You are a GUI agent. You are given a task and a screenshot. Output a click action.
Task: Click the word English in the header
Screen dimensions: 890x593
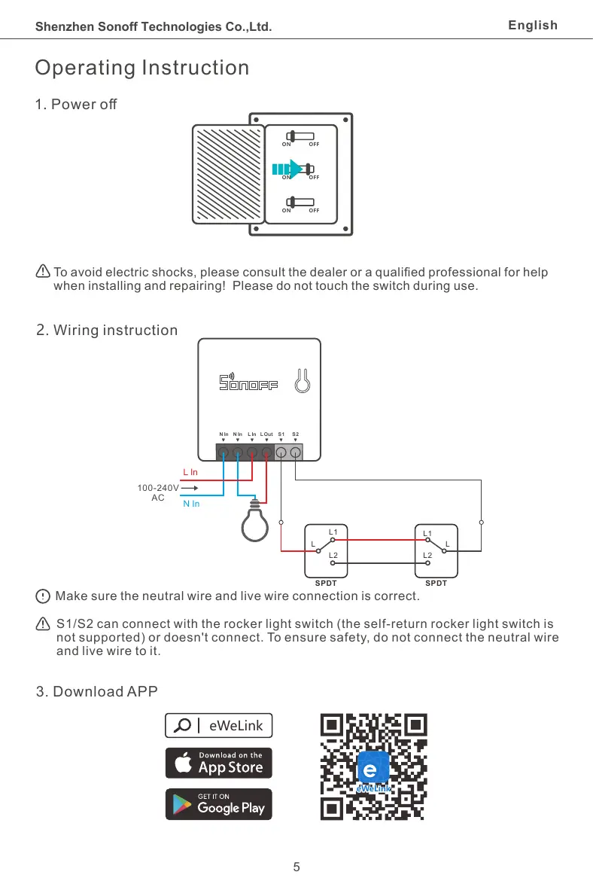click(x=533, y=26)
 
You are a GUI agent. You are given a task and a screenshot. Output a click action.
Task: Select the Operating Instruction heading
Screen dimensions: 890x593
click(x=142, y=68)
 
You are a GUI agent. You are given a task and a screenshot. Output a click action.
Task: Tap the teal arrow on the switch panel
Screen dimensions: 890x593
click(x=286, y=169)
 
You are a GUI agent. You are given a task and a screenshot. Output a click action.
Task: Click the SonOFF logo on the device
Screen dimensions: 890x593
click(x=248, y=383)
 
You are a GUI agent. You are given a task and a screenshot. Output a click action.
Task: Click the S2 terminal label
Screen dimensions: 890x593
click(x=296, y=434)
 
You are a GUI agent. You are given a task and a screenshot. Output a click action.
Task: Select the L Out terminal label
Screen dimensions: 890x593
click(x=266, y=434)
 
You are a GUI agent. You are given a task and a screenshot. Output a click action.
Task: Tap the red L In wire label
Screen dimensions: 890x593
click(x=190, y=472)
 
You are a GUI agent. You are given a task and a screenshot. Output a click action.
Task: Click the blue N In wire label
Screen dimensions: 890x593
click(x=191, y=504)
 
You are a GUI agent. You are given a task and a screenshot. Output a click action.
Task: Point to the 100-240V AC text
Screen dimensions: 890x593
click(x=158, y=492)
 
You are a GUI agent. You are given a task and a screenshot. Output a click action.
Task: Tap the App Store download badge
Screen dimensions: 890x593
click(x=218, y=763)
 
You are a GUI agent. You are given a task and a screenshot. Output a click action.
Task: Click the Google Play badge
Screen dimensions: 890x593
click(x=218, y=804)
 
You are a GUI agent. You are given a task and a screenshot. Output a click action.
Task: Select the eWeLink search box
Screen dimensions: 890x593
click(x=218, y=725)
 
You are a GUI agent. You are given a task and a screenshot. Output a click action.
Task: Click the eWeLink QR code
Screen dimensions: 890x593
click(x=374, y=767)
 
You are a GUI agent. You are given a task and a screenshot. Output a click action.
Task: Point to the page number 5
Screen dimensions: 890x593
click(x=296, y=867)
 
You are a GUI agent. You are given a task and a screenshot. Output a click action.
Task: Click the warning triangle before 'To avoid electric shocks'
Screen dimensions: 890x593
click(x=43, y=272)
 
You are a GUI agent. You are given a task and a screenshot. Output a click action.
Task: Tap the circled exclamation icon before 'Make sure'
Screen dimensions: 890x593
click(x=43, y=596)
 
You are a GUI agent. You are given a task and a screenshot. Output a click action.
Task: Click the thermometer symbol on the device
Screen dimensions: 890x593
click(x=303, y=380)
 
